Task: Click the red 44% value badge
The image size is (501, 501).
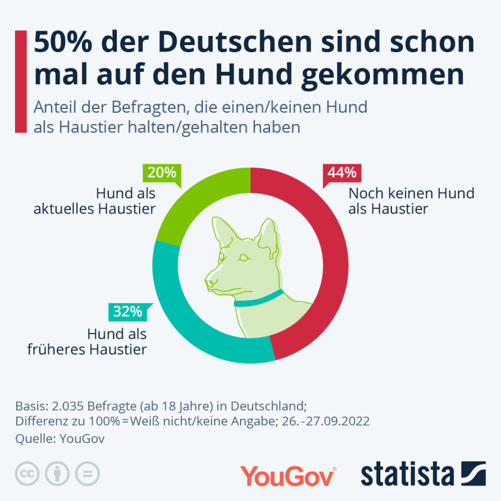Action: point(341,173)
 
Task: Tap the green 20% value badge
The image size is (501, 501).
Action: point(162,173)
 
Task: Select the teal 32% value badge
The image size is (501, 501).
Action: point(127,311)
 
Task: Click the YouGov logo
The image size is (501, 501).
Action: point(288,476)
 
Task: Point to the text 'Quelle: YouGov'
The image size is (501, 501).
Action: point(59,438)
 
